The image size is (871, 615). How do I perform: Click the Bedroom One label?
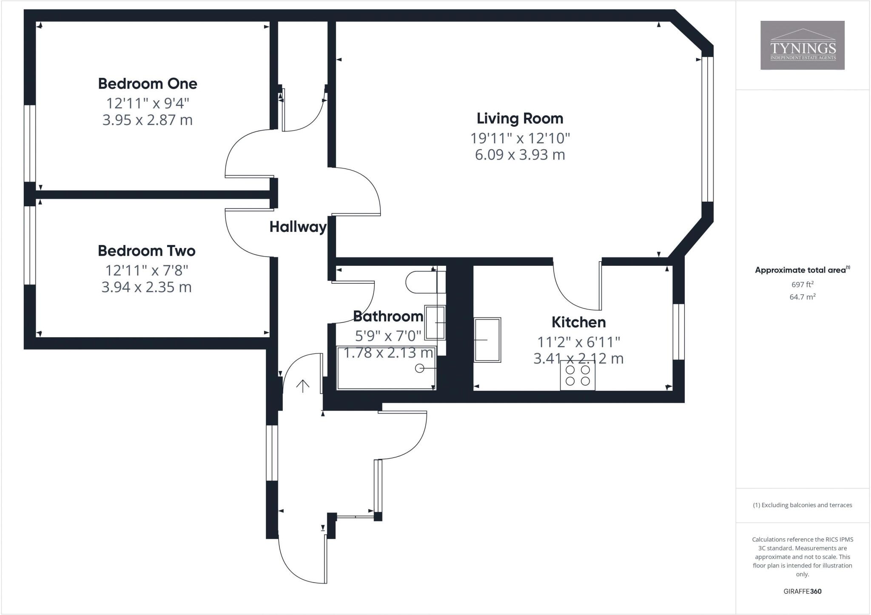148,84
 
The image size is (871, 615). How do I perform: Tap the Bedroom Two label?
147,251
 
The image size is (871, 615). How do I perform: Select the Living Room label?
520,118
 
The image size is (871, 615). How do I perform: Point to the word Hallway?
298,227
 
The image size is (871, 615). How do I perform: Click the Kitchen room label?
578,322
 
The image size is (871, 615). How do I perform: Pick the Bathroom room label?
388,316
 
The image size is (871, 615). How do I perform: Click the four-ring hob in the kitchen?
578,375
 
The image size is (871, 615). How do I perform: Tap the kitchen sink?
488,340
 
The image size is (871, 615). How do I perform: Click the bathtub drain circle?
419,368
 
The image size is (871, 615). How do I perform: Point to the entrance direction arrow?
302,386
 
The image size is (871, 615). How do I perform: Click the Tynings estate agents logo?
802,45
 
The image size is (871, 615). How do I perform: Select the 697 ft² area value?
802,285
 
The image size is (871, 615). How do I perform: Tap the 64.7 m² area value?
802,297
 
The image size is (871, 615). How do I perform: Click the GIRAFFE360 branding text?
802,591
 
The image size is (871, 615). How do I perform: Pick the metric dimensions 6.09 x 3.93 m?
520,155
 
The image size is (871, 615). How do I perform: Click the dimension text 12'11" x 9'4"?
148,103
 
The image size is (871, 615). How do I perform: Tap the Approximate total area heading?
802,270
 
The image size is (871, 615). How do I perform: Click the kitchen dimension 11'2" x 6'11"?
578,342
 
